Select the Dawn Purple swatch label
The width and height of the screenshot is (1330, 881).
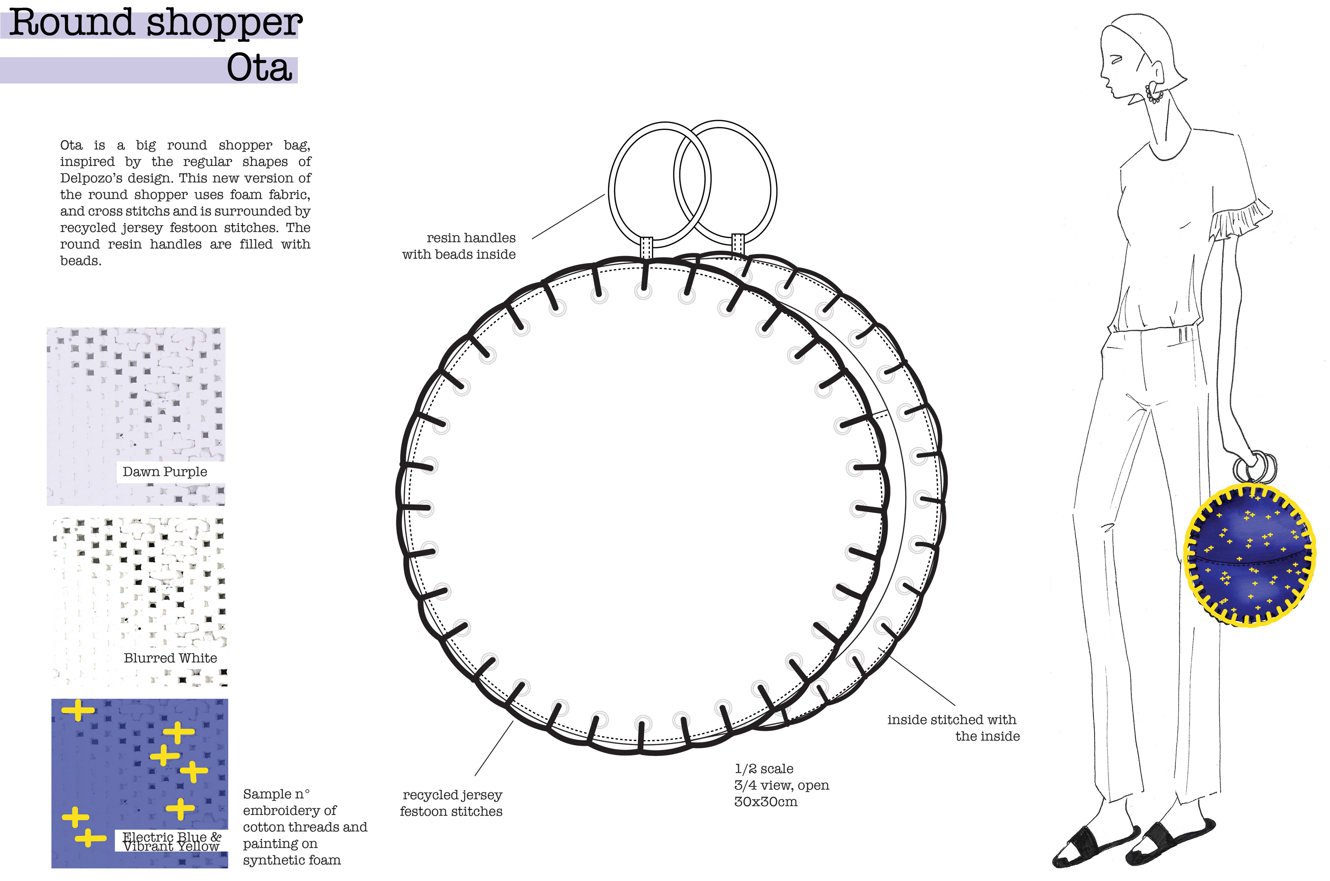tap(165, 472)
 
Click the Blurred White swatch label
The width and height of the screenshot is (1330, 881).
tap(170, 658)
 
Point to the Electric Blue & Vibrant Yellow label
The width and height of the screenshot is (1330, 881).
tap(171, 842)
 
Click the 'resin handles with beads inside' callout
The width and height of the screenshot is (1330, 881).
tap(459, 246)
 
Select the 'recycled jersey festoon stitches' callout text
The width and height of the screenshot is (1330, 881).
tap(451, 803)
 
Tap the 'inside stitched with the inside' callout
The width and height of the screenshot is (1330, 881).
tap(954, 728)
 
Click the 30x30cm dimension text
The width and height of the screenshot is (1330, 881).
tap(765, 802)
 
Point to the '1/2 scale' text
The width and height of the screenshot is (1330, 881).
tap(764, 769)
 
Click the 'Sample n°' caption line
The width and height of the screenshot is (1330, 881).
tap(276, 794)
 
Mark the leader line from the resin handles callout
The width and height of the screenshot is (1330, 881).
tap(568, 217)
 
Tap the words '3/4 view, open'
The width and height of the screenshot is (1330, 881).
tap(782, 785)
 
